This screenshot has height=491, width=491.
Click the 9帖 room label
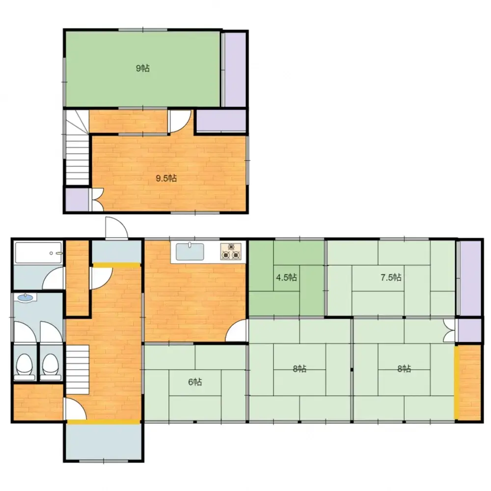[x=143, y=68]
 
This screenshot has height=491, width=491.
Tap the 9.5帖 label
[x=166, y=178]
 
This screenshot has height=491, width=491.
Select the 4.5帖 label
[x=286, y=277]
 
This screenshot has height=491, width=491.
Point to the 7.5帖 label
[x=391, y=277]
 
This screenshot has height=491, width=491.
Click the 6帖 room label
[x=195, y=382]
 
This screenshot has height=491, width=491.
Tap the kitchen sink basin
[x=190, y=252]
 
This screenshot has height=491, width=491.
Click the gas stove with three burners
[x=231, y=251]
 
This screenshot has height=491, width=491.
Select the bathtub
[x=38, y=253]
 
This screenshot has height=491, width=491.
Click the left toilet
[x=24, y=366]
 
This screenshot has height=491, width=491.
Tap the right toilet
[x=51, y=366]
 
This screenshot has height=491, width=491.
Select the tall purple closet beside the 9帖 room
[x=235, y=69]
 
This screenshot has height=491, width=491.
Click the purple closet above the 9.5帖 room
[x=221, y=121]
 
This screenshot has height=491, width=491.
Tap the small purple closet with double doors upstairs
[x=77, y=199]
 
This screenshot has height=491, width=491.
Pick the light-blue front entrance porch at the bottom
[x=103, y=441]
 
